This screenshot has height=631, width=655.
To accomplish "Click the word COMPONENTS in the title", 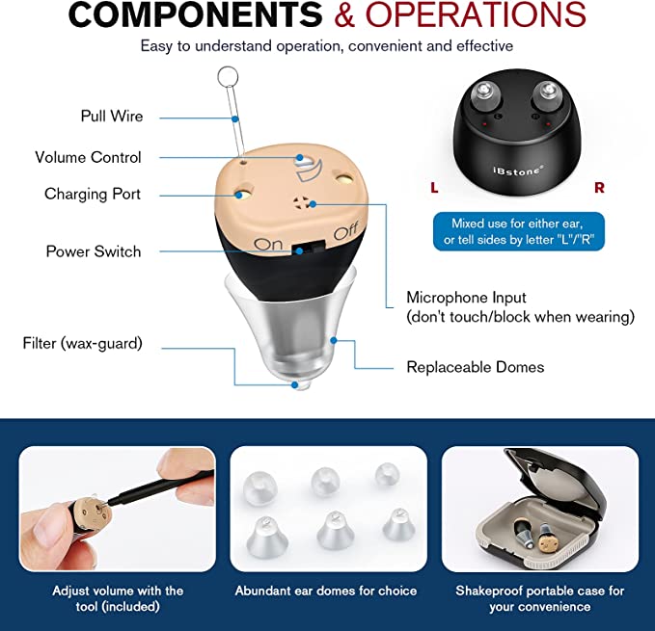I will pyautogui.click(x=197, y=15).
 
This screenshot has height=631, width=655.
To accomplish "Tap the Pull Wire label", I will pyautogui.click(x=112, y=117).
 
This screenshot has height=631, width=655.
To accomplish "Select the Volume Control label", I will pyautogui.click(x=88, y=157).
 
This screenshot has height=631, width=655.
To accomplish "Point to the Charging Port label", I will pyautogui.click(x=93, y=194).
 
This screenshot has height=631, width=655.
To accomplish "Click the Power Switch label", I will pyautogui.click(x=94, y=251).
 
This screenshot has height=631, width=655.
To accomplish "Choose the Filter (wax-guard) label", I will pyautogui.click(x=82, y=343).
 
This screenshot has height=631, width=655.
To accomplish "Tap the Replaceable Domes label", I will pyautogui.click(x=475, y=367).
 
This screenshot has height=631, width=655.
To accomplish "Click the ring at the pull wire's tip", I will pyautogui.click(x=228, y=75).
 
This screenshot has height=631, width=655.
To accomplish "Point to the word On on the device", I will pyautogui.click(x=268, y=244).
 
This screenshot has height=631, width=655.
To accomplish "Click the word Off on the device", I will pyautogui.click(x=346, y=232).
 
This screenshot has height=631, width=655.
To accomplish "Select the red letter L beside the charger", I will pyautogui.click(x=434, y=188).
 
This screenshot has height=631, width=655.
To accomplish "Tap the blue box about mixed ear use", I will pyautogui.click(x=518, y=231).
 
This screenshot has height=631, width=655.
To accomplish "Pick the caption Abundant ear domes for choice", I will pyautogui.click(x=326, y=591).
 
